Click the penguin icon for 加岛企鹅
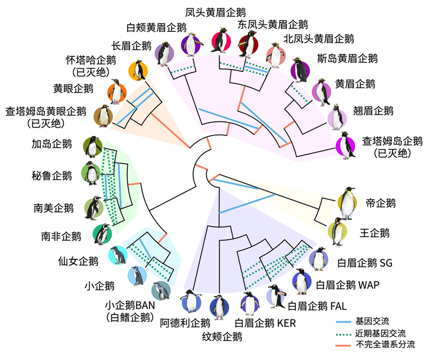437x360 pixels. [92, 146]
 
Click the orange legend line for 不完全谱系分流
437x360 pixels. [344, 346]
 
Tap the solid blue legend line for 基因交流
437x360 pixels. [344, 322]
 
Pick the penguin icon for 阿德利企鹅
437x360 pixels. [191, 303]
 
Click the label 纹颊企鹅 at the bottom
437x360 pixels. [218, 336]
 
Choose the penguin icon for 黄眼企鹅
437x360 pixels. [117, 92]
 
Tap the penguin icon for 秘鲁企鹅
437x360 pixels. [92, 173]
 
